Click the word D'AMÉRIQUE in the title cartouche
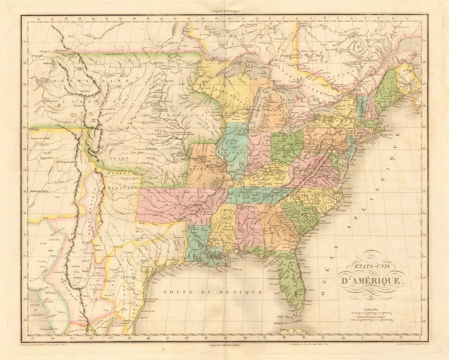[x=376, y=281]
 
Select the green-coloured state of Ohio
[x=286, y=146]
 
